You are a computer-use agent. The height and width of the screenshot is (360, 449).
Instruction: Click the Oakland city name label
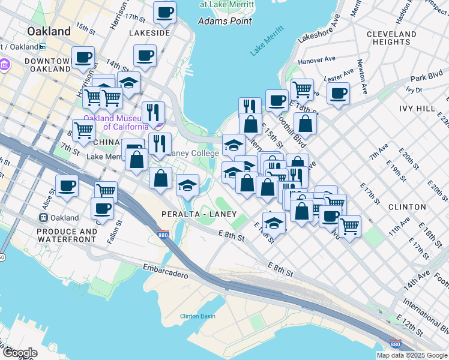[x=48, y=31]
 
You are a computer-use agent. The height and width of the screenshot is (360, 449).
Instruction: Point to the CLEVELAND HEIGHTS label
[x=391, y=38]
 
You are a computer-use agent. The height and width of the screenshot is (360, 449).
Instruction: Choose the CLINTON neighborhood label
[x=407, y=207]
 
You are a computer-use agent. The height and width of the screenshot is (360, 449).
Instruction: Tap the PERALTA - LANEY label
[x=197, y=214]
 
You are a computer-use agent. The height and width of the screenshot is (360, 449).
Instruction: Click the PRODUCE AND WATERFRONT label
[x=67, y=235]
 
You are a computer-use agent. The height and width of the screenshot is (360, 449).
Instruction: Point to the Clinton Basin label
[x=197, y=316]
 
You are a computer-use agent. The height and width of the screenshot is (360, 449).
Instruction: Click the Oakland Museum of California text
[x=116, y=122]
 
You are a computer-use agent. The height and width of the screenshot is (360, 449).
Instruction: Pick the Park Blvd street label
[x=426, y=77]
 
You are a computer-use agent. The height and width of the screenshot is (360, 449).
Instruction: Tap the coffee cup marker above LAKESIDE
[x=164, y=11]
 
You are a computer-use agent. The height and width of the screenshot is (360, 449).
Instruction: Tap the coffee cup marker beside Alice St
[x=67, y=185]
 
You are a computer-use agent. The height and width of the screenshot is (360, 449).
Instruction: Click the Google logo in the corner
[x=19, y=353]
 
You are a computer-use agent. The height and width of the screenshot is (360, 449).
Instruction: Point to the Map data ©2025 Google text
[x=411, y=355]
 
